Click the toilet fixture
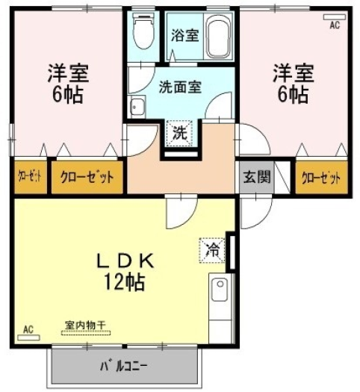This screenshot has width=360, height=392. pyautogui.click(x=143, y=31)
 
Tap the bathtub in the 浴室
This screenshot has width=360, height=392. pyautogui.click(x=218, y=39)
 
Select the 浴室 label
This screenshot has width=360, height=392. pyautogui.click(x=185, y=35)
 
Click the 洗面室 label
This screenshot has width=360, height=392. pyautogui.click(x=180, y=87)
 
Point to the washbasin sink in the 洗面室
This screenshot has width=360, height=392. pyautogui.click(x=137, y=107)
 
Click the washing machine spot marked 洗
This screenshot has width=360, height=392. pyautogui.click(x=180, y=133)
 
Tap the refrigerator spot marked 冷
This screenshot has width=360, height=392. pyautogui.click(x=212, y=250)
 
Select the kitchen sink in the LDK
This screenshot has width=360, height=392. pyautogui.click(x=220, y=289)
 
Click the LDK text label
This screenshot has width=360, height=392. pyautogui.click(x=125, y=261)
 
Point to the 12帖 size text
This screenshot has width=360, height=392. pyautogui.click(x=125, y=282)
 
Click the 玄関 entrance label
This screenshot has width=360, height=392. pyautogui.click(x=257, y=177)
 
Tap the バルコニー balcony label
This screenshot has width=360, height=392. pyautogui.click(x=124, y=366)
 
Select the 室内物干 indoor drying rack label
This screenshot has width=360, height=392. pyautogui.click(x=85, y=326)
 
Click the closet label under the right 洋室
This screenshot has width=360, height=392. pyautogui.click(x=321, y=178)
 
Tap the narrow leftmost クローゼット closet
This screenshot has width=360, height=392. pyautogui.click(x=30, y=177)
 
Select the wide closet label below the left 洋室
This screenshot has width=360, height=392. pyautogui.click(x=87, y=177)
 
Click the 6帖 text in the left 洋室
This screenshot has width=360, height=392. pyautogui.click(x=67, y=95)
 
